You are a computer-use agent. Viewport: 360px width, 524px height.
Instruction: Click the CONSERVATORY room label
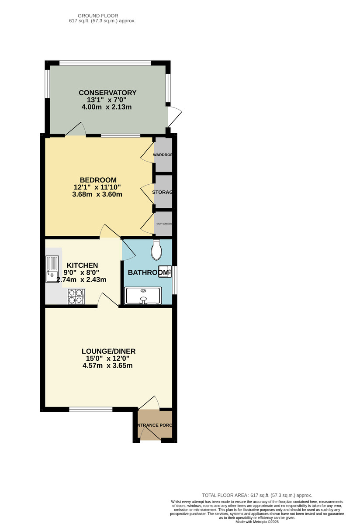point(107,93)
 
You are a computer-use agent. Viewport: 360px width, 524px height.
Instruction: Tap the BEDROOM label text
point(98,180)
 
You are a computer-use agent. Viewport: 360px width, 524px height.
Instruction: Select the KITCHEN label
point(82,265)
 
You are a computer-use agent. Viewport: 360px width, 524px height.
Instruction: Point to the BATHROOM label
point(148,273)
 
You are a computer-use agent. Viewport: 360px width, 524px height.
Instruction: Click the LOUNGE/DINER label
point(108,351)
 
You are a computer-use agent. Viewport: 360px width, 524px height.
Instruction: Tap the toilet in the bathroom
point(156,251)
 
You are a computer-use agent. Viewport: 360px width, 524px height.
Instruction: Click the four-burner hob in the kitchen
point(76,297)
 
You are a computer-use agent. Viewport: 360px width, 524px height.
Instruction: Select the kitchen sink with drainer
point(52,269)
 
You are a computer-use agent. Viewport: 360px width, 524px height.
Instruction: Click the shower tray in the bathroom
point(143,295)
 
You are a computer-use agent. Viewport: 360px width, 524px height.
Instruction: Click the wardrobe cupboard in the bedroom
point(163,155)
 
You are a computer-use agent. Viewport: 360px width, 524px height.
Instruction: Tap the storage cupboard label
point(163,192)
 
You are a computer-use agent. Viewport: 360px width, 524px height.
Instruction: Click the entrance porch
point(155,425)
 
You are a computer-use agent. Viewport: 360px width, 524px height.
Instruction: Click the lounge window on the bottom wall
point(90,410)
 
